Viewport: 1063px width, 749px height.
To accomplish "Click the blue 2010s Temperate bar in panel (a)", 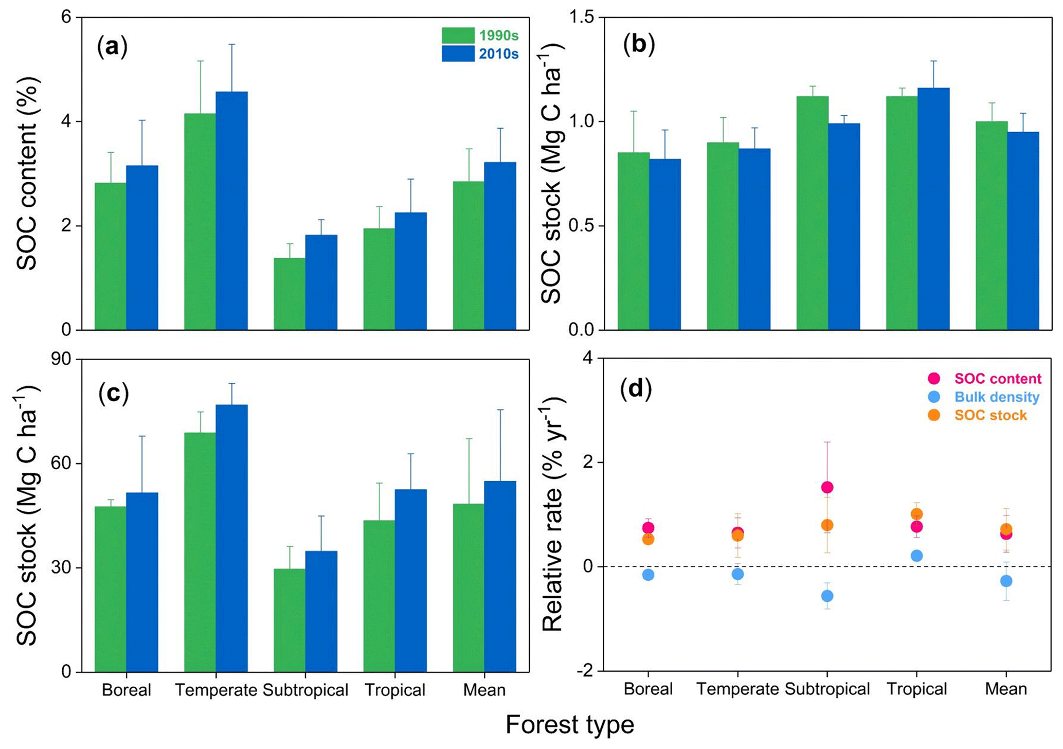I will pyautogui.click(x=231, y=211).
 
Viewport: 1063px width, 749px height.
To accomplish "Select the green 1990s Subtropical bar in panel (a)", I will pyautogui.click(x=290, y=294).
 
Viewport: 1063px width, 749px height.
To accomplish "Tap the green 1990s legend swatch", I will pyautogui.click(x=458, y=35).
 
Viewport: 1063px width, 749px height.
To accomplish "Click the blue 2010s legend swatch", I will pyautogui.click(x=458, y=53).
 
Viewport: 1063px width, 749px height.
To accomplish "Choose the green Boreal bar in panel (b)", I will pyautogui.click(x=634, y=241).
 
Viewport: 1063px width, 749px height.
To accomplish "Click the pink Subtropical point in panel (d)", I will pyautogui.click(x=827, y=487).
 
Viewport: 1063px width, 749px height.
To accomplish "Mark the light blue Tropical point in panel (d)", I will pyautogui.click(x=916, y=556).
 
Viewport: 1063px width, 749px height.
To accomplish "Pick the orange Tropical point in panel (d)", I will pyautogui.click(x=916, y=514).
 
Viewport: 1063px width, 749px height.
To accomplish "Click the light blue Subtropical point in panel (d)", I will pyautogui.click(x=827, y=596).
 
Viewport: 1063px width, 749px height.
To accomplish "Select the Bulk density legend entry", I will pyautogui.click(x=997, y=397).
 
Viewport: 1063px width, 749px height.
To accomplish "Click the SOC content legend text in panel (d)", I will pyautogui.click(x=998, y=379).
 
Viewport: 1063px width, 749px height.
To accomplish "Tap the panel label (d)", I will pyautogui.click(x=637, y=389).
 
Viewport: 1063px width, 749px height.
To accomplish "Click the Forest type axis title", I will pyautogui.click(x=569, y=725).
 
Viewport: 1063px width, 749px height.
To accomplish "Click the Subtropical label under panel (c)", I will pyautogui.click(x=305, y=690).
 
